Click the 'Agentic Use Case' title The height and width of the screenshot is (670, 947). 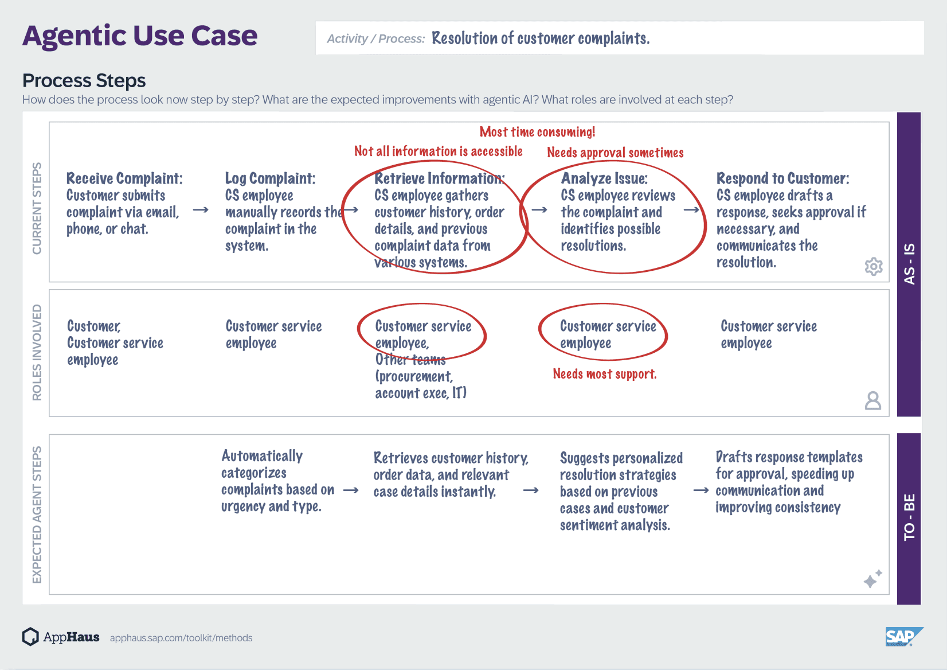140,36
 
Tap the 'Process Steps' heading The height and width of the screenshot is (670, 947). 84,80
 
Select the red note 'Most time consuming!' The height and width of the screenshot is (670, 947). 537,132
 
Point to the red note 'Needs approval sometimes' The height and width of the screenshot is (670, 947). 615,152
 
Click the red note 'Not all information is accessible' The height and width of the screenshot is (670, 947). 439,151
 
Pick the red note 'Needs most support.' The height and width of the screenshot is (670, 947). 605,374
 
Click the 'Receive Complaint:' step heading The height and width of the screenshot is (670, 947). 124,178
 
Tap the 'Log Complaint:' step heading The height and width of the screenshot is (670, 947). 270,178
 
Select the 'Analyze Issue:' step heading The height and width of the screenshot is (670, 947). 604,178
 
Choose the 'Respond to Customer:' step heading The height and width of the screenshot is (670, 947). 782,178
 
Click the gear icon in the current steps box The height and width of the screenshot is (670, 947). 874,267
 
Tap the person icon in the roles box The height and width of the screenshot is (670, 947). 873,400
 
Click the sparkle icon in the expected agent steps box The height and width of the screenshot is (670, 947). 872,579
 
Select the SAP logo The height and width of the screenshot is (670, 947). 905,637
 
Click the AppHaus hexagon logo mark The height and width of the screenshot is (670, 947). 30,637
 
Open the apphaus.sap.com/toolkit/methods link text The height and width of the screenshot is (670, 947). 181,638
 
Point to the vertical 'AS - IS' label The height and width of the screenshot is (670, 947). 909,264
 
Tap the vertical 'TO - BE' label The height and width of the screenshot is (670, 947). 909,517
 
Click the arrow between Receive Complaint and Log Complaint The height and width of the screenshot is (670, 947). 201,210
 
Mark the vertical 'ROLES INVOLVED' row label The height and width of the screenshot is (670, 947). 37,352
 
